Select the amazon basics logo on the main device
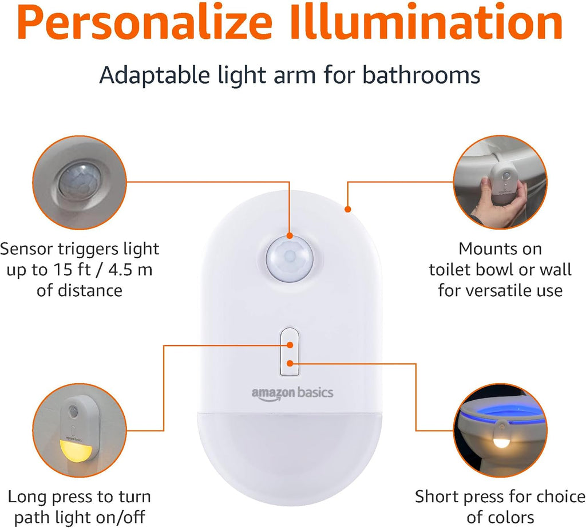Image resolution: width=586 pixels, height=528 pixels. [x=292, y=393]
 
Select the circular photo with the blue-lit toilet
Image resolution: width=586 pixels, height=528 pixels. [x=497, y=430]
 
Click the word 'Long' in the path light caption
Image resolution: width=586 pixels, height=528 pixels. [x=27, y=497]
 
